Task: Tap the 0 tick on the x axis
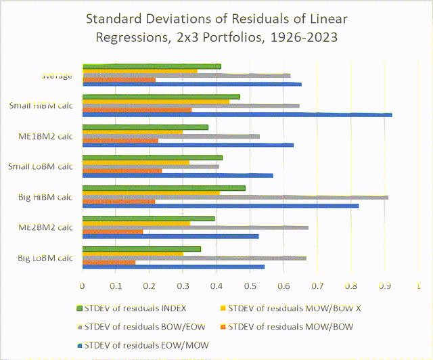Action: (x=82, y=286)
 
